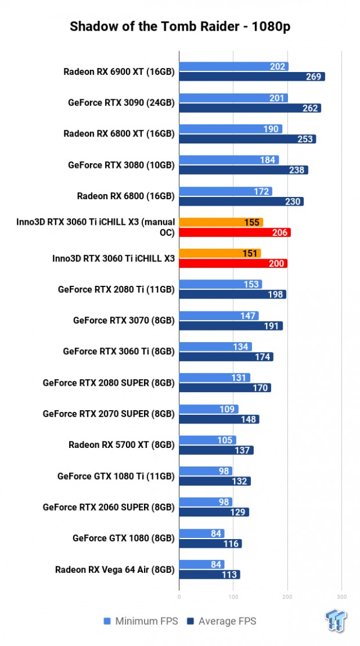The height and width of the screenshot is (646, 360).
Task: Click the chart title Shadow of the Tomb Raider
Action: pyautogui.click(x=180, y=27)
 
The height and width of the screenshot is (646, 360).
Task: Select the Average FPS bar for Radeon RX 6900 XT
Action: pyautogui.click(x=251, y=77)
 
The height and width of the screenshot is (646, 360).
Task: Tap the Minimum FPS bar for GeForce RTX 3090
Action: pyautogui.click(x=233, y=98)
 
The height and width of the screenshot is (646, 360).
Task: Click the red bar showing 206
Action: pyautogui.click(x=235, y=232)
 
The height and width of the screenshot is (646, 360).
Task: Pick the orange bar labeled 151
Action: pyautogui.click(x=219, y=253)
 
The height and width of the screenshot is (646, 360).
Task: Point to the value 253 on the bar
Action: pyautogui.click(x=305, y=139)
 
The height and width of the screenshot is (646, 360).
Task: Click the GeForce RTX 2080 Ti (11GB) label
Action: pyautogui.click(x=116, y=289)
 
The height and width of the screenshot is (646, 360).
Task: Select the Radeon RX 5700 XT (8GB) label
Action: pyautogui.click(x=121, y=446)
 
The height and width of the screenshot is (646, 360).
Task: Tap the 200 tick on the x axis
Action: pyautogui.click(x=287, y=596)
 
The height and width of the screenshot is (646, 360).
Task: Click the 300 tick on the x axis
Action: pyautogui.click(x=341, y=596)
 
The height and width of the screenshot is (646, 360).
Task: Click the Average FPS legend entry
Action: pyautogui.click(x=222, y=621)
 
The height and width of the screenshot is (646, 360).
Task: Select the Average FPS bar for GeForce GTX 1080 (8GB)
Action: pyautogui.click(x=210, y=544)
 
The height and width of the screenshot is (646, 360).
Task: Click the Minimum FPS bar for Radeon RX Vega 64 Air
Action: pyautogui.click(x=201, y=564)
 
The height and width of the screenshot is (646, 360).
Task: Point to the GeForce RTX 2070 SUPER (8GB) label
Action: pyautogui.click(x=109, y=414)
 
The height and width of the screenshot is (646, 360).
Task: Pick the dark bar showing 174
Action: pyautogui.click(x=226, y=357)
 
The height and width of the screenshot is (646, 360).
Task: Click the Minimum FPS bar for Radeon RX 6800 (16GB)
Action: pyautogui.click(x=225, y=191)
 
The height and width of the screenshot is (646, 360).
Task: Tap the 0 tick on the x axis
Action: pyautogui.click(x=179, y=596)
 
